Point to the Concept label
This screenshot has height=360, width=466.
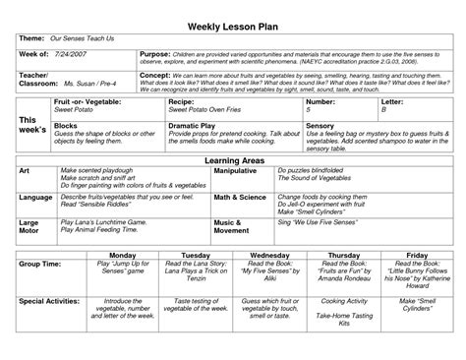pyautogui.click(x=158, y=74)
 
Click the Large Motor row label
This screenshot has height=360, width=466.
pyautogui.click(x=31, y=226)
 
